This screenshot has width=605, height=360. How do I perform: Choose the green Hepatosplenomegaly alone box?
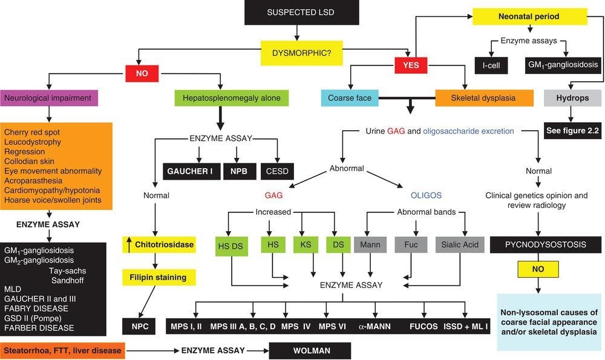tap(223, 97)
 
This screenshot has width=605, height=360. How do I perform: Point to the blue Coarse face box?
tap(345, 97)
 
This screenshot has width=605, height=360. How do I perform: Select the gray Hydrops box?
tap(573, 97)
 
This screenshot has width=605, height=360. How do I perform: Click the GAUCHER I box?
tap(190, 172)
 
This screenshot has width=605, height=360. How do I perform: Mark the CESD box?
tap(278, 172)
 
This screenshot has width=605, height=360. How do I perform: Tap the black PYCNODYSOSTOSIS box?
tap(546, 246)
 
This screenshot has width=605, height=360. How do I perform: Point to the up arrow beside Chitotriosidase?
tap(129, 244)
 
